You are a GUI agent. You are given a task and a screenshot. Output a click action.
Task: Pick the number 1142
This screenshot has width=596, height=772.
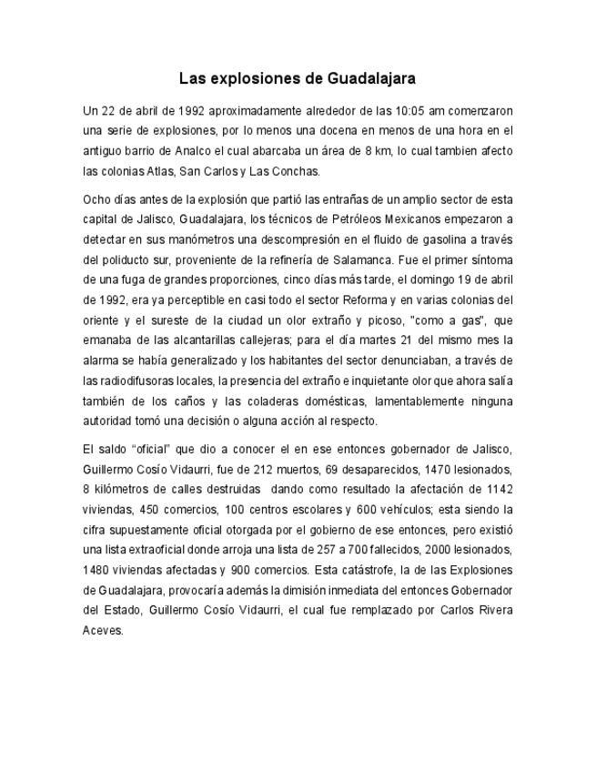[x=497, y=489]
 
